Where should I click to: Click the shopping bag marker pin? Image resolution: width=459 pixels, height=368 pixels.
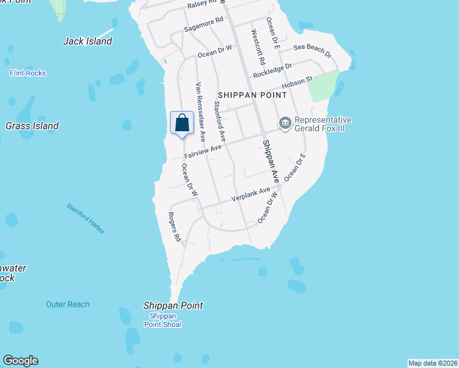click(x=182, y=123)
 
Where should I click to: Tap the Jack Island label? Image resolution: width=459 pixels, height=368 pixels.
click(x=88, y=41)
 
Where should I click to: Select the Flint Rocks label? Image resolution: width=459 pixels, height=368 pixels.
click(x=28, y=73)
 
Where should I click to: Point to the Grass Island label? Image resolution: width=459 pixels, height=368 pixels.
click(x=32, y=126)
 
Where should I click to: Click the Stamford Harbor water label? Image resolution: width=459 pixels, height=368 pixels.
click(x=86, y=218)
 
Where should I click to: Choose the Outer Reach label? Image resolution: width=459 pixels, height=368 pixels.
click(x=67, y=304)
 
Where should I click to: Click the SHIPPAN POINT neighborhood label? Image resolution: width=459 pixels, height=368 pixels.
click(x=252, y=95)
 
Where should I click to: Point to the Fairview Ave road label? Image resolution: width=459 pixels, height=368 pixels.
click(x=202, y=151)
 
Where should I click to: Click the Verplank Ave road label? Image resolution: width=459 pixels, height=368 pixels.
click(x=250, y=195)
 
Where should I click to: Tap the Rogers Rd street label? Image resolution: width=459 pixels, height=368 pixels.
click(x=175, y=226)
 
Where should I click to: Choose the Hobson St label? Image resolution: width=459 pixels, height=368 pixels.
click(x=297, y=82)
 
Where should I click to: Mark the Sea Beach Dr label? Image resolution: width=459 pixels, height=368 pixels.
click(x=312, y=50)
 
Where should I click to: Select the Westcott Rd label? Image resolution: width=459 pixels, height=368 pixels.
click(x=256, y=44)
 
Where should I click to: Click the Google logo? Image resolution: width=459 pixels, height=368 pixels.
click(x=20, y=361)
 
